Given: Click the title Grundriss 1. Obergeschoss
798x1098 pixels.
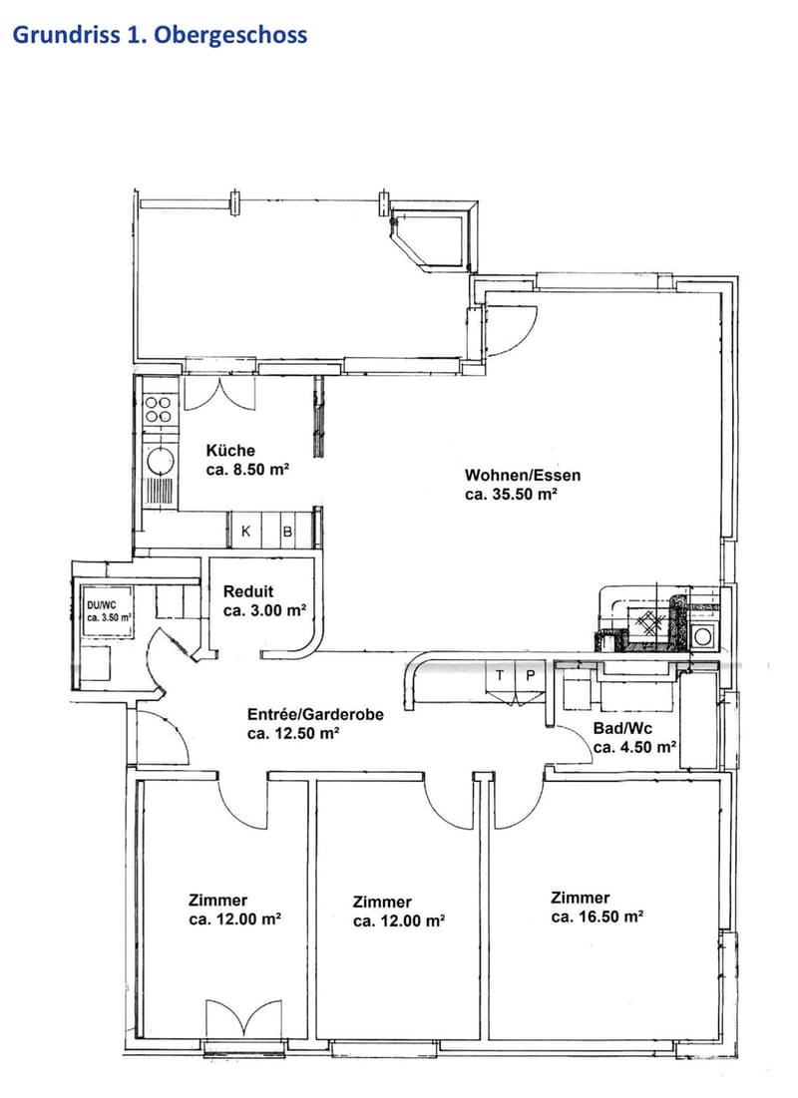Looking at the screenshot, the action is point(160,35).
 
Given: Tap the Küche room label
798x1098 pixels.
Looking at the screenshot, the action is point(230,450).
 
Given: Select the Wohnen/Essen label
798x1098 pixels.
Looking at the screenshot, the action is point(523,475).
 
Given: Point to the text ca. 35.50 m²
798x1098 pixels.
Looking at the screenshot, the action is point(511,494).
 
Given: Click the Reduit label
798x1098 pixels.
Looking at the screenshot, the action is point(248,591).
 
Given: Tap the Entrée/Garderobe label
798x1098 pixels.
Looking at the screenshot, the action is point(315,715).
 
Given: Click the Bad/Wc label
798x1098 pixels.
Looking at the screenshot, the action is point(622,728).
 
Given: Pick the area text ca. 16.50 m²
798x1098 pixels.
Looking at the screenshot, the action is point(598,916).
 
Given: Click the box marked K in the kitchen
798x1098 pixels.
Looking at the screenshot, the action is point(246,532).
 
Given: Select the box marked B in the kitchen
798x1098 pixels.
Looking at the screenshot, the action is point(287,532).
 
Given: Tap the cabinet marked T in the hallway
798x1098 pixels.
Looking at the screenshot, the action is point(500,676).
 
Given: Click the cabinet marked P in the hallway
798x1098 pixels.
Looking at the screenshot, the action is point(531,676).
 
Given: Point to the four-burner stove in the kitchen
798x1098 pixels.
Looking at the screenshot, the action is point(159,410).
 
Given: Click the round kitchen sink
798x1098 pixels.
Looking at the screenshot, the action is point(160,461).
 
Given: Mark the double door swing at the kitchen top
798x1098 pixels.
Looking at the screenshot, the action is point(220,394).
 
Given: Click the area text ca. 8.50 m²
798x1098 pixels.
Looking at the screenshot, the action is point(248,469).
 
